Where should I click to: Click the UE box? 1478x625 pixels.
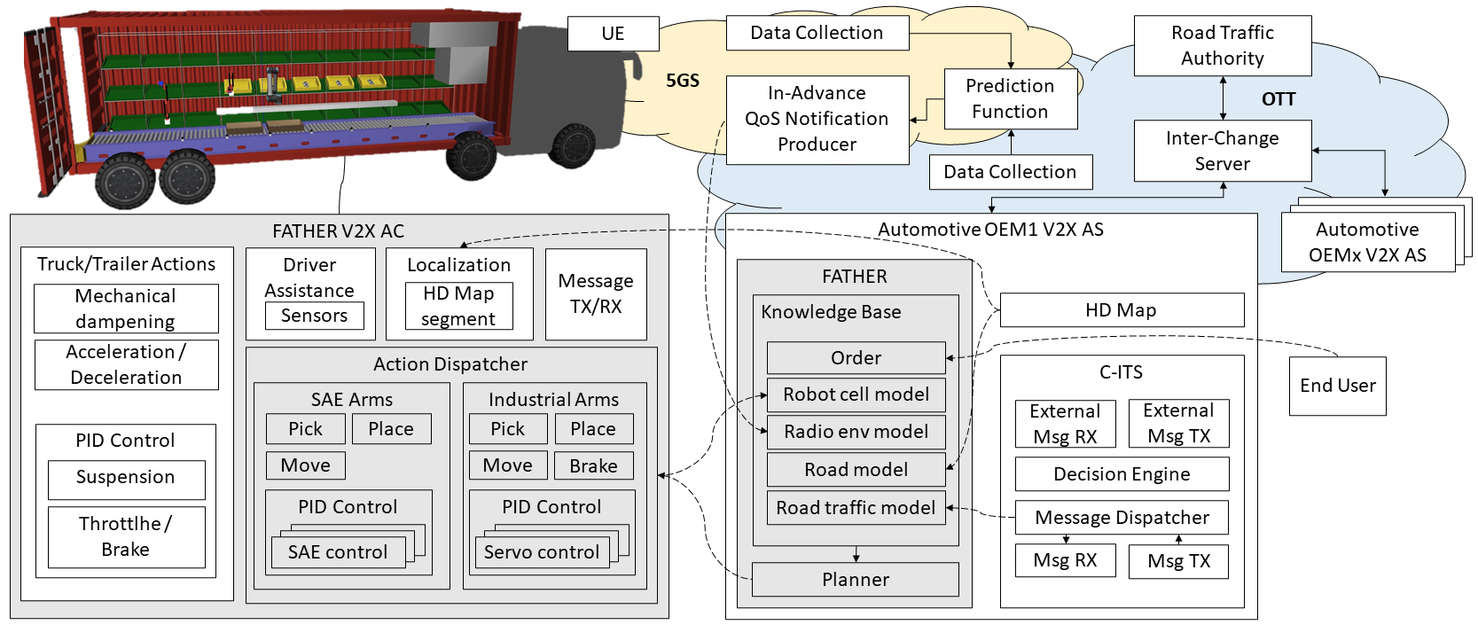(613, 34)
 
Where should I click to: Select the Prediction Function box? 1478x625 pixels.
(1010, 98)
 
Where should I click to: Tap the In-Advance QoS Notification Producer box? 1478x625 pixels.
(817, 119)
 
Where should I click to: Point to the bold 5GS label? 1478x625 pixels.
(683, 81)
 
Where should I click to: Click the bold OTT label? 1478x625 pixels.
(1279, 99)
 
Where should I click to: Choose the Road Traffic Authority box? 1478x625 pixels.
(1222, 45)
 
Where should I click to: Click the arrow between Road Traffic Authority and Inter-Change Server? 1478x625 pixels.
(1224, 98)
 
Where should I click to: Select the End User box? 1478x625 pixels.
(1337, 386)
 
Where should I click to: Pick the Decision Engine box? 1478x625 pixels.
(1122, 474)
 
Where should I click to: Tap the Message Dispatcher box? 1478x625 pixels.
(1122, 518)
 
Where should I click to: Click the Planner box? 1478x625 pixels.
(855, 580)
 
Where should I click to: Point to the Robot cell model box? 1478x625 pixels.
(856, 395)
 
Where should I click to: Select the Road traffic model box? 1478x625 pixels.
(856, 508)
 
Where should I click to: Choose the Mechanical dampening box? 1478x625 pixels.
(126, 309)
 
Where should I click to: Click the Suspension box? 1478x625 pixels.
(126, 478)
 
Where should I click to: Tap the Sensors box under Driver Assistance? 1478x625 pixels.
(314, 316)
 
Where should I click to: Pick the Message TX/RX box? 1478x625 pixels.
(596, 294)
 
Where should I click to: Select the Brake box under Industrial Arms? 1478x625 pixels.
(593, 465)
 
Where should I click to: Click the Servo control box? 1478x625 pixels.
(541, 552)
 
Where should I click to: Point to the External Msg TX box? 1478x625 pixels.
(1178, 424)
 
